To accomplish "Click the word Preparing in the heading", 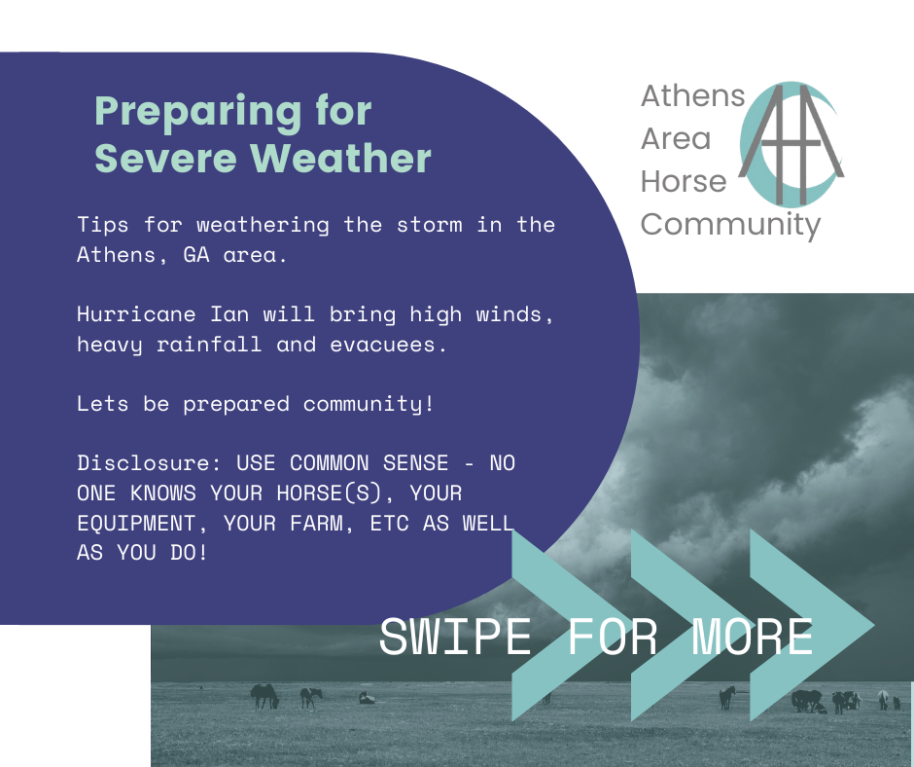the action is tap(197, 112).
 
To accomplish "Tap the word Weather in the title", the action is tap(341, 158).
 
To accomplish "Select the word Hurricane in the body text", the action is tap(136, 314).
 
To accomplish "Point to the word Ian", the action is tap(229, 314).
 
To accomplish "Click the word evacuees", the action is tap(388, 345).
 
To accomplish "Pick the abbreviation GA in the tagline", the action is tap(196, 254).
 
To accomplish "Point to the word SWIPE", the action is tap(455, 637).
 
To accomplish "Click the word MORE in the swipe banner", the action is tap(753, 637).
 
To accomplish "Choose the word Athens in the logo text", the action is tap(693, 95).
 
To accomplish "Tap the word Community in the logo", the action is tap(731, 225).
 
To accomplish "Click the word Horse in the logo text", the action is tap(684, 182).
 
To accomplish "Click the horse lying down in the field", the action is tap(367, 698).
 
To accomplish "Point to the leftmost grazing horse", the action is tap(264, 696).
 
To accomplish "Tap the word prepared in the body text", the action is tap(236, 405).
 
